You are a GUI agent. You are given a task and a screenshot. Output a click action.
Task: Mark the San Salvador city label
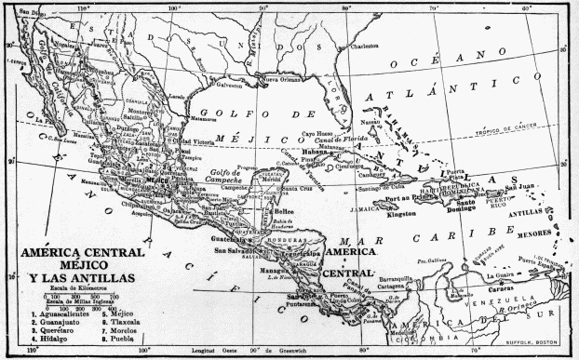[235, 250]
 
